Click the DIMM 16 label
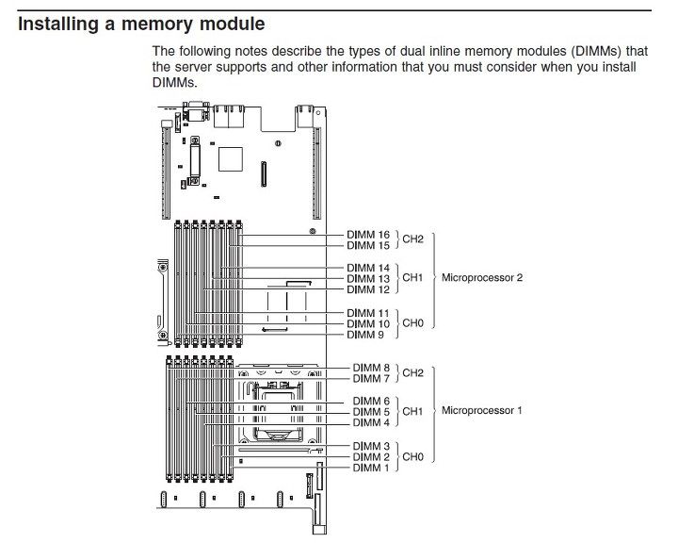[x=368, y=235]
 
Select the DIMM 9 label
[x=365, y=335]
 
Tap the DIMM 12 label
[x=368, y=289]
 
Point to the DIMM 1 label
[x=371, y=469]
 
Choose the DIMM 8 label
[x=371, y=368]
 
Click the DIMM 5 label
[x=371, y=412]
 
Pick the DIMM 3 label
[x=371, y=446]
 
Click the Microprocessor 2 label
[x=482, y=277]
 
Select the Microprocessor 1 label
[x=482, y=410]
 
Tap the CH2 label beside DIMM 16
[x=413, y=239]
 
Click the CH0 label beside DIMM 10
[x=413, y=323]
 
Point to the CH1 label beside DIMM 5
[x=413, y=411]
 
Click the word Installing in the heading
[x=58, y=24]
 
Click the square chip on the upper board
[x=231, y=159]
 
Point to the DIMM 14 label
[x=368, y=268]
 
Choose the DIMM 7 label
[x=371, y=378]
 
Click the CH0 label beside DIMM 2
[x=413, y=457]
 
